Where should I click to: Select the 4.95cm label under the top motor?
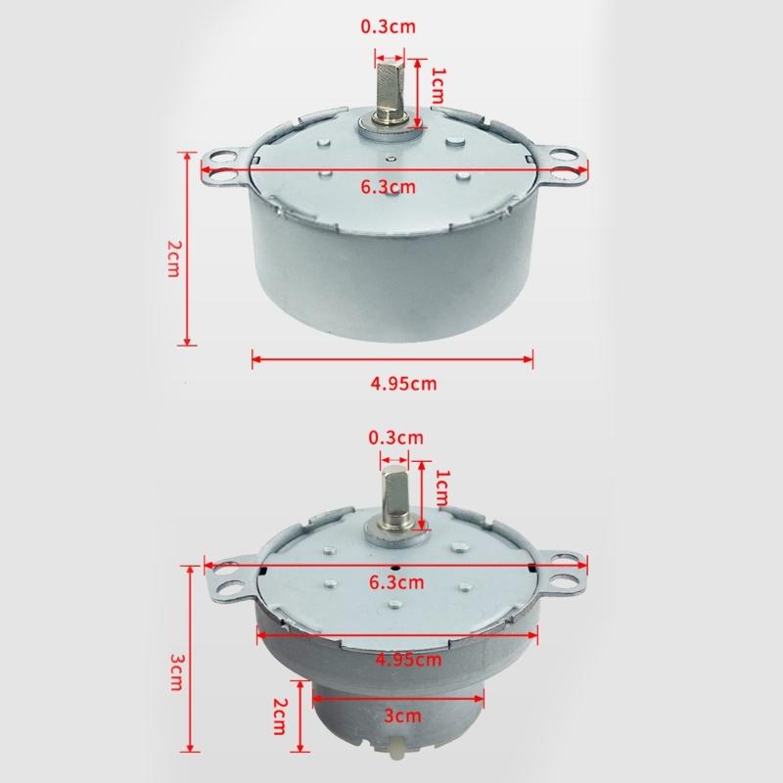point(402,383)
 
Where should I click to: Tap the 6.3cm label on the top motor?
point(389,186)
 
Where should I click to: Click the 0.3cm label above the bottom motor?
point(394,437)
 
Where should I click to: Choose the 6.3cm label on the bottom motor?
point(396,583)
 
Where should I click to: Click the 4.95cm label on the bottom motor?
point(407,659)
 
